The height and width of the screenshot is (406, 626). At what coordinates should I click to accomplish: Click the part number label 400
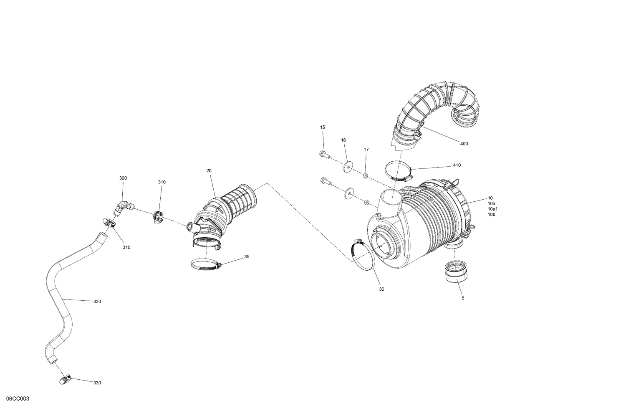(x=464, y=144)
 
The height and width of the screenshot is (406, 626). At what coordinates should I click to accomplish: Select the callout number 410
(x=457, y=165)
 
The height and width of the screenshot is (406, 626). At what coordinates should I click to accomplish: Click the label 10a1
(x=493, y=209)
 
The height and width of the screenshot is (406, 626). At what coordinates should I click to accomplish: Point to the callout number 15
(x=322, y=127)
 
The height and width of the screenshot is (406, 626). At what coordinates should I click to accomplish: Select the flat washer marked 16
(x=348, y=167)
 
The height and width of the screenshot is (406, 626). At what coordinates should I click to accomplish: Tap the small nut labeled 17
(x=366, y=175)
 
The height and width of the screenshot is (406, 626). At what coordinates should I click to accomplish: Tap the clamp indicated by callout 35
(x=204, y=265)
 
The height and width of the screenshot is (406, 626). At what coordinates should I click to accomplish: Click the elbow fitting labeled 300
(x=124, y=207)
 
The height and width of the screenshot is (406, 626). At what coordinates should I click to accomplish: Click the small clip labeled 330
(x=65, y=379)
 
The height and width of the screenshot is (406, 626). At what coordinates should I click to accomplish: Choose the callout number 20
(x=209, y=170)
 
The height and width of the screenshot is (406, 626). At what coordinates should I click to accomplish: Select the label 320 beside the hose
(x=96, y=301)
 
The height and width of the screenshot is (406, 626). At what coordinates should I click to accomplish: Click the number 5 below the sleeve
(x=462, y=298)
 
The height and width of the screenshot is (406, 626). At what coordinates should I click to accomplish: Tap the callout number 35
(x=247, y=256)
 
